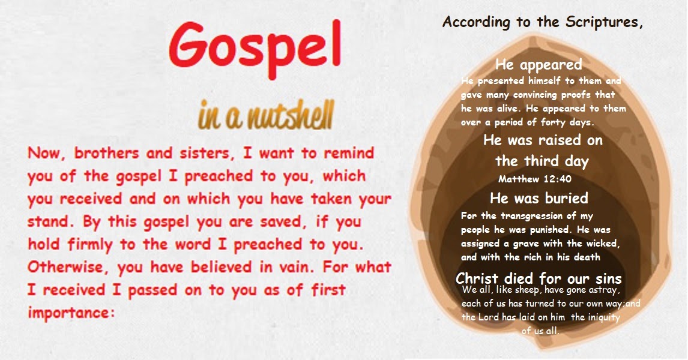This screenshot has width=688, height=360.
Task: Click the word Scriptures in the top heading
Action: [604, 23]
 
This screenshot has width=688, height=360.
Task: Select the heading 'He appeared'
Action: [539, 64]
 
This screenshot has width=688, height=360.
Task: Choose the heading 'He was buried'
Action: [539, 197]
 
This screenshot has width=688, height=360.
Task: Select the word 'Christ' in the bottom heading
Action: [478, 279]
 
